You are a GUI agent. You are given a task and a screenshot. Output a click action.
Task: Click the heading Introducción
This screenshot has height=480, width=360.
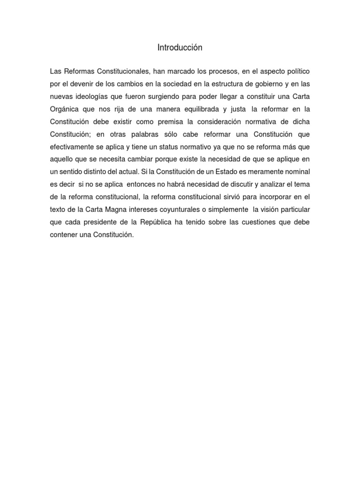pos(180,47)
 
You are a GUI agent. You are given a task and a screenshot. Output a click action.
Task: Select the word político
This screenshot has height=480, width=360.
pos(298,72)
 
